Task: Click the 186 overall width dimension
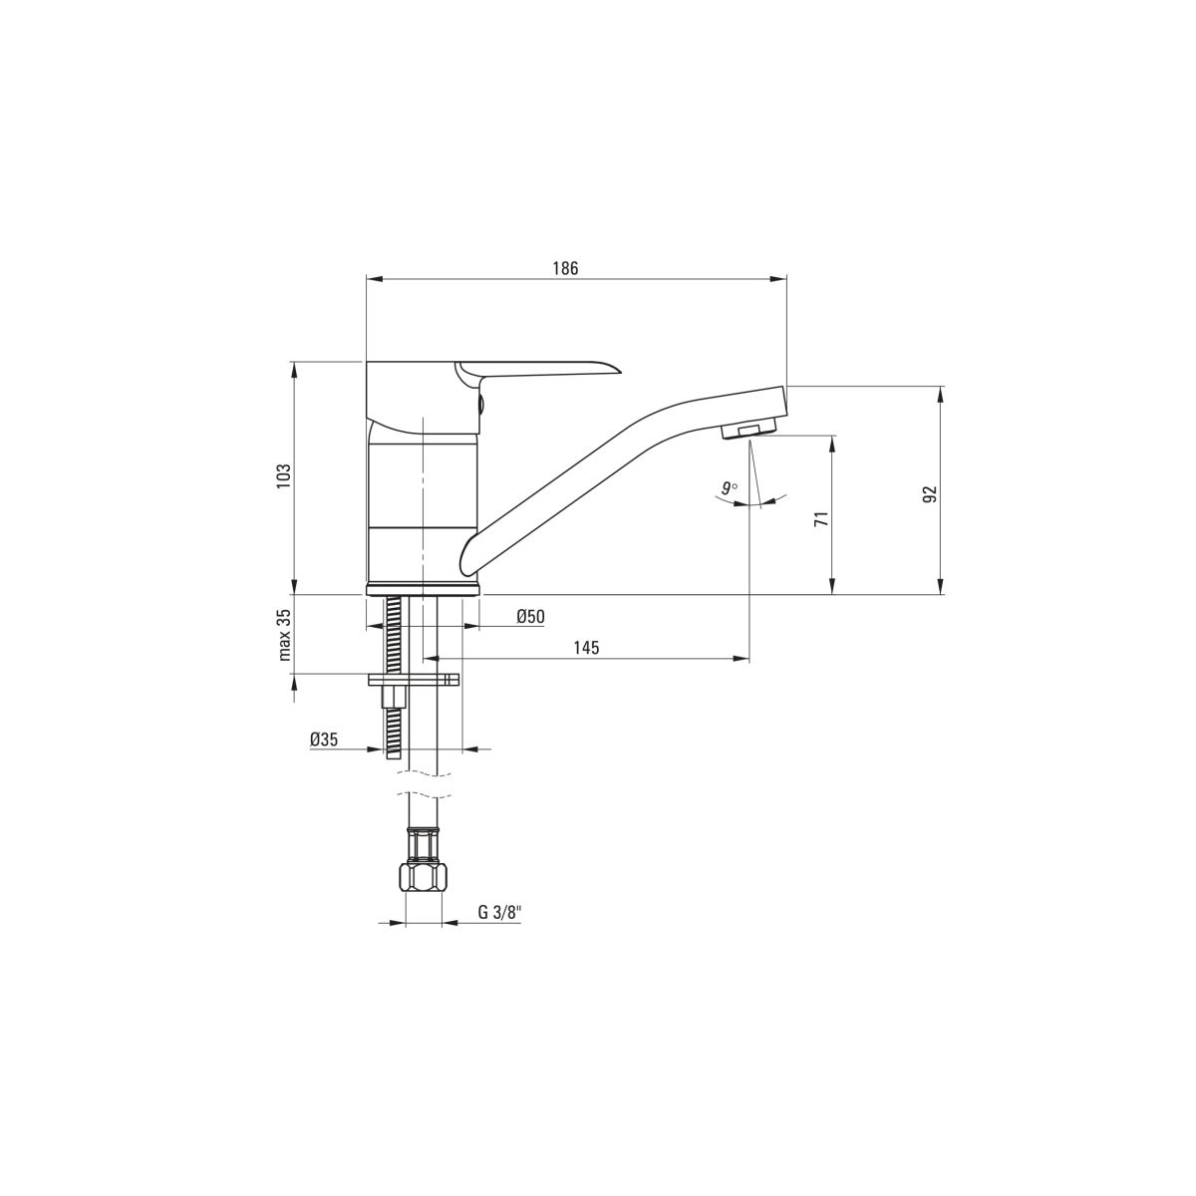point(565,268)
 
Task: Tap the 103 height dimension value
point(284,476)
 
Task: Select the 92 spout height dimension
point(929,493)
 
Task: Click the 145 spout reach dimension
point(586,648)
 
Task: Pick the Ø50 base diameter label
point(530,616)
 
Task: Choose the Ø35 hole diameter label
point(324,740)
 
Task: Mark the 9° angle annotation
point(729,487)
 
